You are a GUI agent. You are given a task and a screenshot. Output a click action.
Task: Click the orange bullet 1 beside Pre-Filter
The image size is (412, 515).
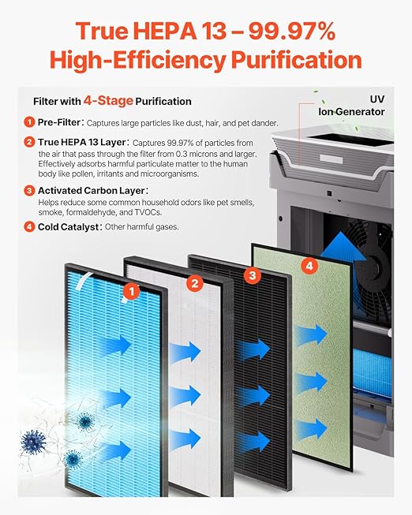point(28,123)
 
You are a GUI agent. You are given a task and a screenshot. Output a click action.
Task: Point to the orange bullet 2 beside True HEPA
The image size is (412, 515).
point(28,142)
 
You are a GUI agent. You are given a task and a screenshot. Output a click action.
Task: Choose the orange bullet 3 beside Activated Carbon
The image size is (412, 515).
point(28,191)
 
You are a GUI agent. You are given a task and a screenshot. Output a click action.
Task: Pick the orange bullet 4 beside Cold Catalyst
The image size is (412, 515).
point(28,227)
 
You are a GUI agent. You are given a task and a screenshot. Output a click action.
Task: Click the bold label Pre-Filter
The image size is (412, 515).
point(58,123)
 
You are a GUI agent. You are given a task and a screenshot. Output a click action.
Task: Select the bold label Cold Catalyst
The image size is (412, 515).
point(68,227)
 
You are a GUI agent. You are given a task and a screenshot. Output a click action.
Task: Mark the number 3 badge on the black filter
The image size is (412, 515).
point(253,275)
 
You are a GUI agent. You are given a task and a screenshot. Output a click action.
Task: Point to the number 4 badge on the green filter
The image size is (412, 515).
point(309,267)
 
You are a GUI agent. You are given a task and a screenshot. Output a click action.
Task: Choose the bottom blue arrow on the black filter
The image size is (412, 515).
point(255,441)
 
